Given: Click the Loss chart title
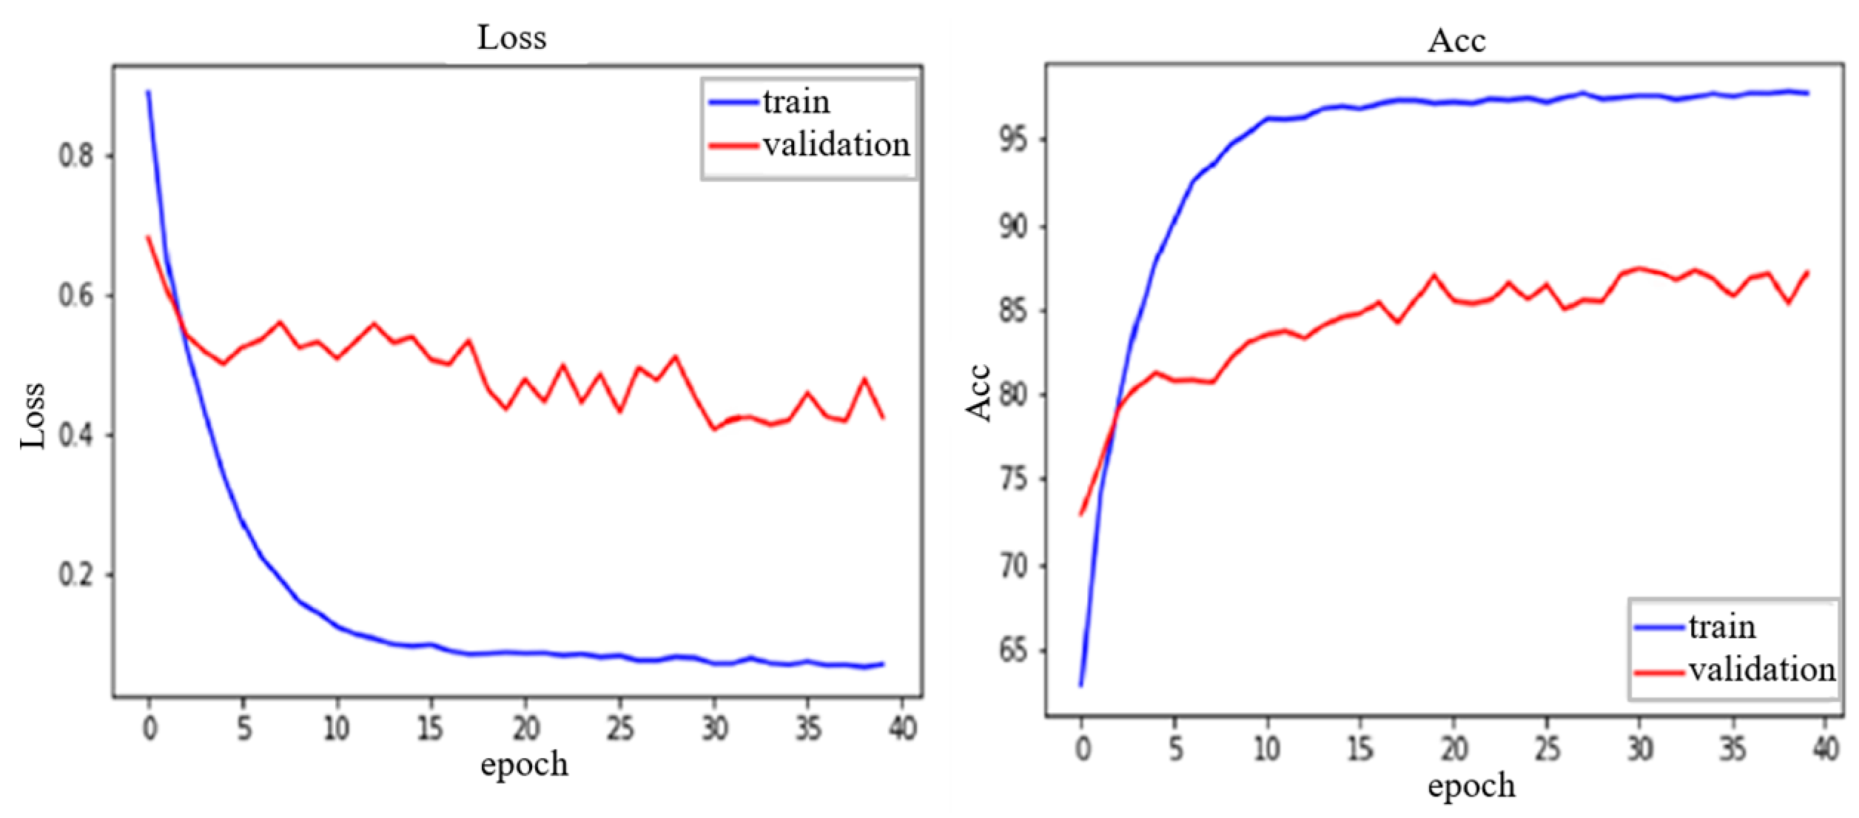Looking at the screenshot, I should (511, 38).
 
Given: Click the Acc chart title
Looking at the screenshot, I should (1456, 41).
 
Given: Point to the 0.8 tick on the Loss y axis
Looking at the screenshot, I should (76, 155).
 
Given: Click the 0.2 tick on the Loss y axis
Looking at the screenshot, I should (76, 574).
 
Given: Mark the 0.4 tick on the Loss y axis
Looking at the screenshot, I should (76, 435).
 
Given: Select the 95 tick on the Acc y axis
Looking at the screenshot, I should (1013, 139).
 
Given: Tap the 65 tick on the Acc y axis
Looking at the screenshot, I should (1013, 651).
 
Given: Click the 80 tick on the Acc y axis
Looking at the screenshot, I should (1013, 394).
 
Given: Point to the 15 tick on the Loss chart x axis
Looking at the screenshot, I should (431, 729).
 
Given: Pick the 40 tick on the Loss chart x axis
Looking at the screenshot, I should (902, 729).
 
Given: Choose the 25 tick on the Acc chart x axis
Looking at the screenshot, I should (1547, 749).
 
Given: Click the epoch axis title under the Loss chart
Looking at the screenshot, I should (524, 765).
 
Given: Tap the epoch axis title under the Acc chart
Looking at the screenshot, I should (1471, 786).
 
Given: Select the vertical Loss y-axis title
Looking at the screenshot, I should (33, 415).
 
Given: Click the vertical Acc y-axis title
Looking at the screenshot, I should (978, 393).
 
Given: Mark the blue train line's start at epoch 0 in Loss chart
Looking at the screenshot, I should (148, 93).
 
